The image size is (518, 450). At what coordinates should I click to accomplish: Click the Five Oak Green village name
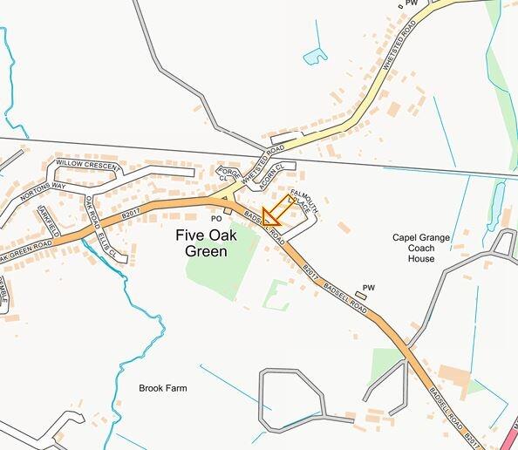(x=201, y=242)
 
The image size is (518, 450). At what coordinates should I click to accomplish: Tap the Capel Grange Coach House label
(x=426, y=247)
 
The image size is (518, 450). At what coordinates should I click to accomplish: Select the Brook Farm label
(x=163, y=388)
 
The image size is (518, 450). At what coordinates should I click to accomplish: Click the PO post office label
(x=216, y=218)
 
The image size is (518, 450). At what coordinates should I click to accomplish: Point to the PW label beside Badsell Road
(x=368, y=287)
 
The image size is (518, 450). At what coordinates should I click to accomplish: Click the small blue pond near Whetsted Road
(x=315, y=57)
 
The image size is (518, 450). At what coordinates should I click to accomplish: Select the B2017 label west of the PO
(x=131, y=212)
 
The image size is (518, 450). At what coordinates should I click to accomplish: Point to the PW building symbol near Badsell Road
(x=362, y=297)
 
